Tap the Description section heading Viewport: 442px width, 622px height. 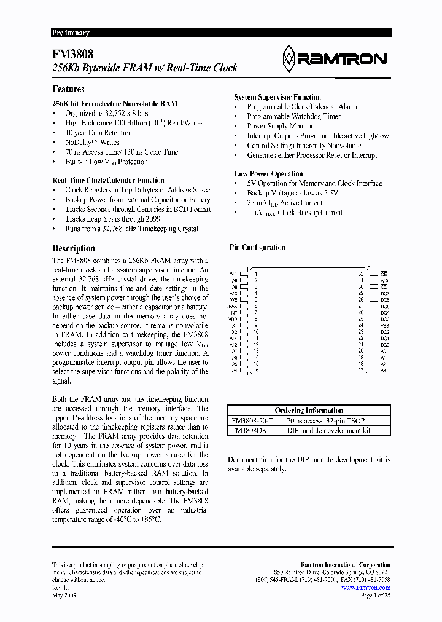(73, 248)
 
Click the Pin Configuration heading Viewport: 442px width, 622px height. (257, 248)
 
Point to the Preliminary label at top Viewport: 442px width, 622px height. (70, 33)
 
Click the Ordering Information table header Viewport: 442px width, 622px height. (308, 411)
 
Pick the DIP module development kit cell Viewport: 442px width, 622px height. (329, 430)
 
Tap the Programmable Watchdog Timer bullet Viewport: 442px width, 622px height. (293, 116)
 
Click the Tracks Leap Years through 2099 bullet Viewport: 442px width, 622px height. (113, 219)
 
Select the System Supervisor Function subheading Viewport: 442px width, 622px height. (277, 97)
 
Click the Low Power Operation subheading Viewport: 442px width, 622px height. (268, 174)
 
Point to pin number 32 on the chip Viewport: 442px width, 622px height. (361, 274)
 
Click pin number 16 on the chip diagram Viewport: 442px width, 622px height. (256, 371)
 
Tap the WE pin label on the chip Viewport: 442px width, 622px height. (234, 299)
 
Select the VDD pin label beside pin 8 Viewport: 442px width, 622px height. (233, 319)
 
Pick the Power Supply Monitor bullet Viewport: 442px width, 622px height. (280, 126)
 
